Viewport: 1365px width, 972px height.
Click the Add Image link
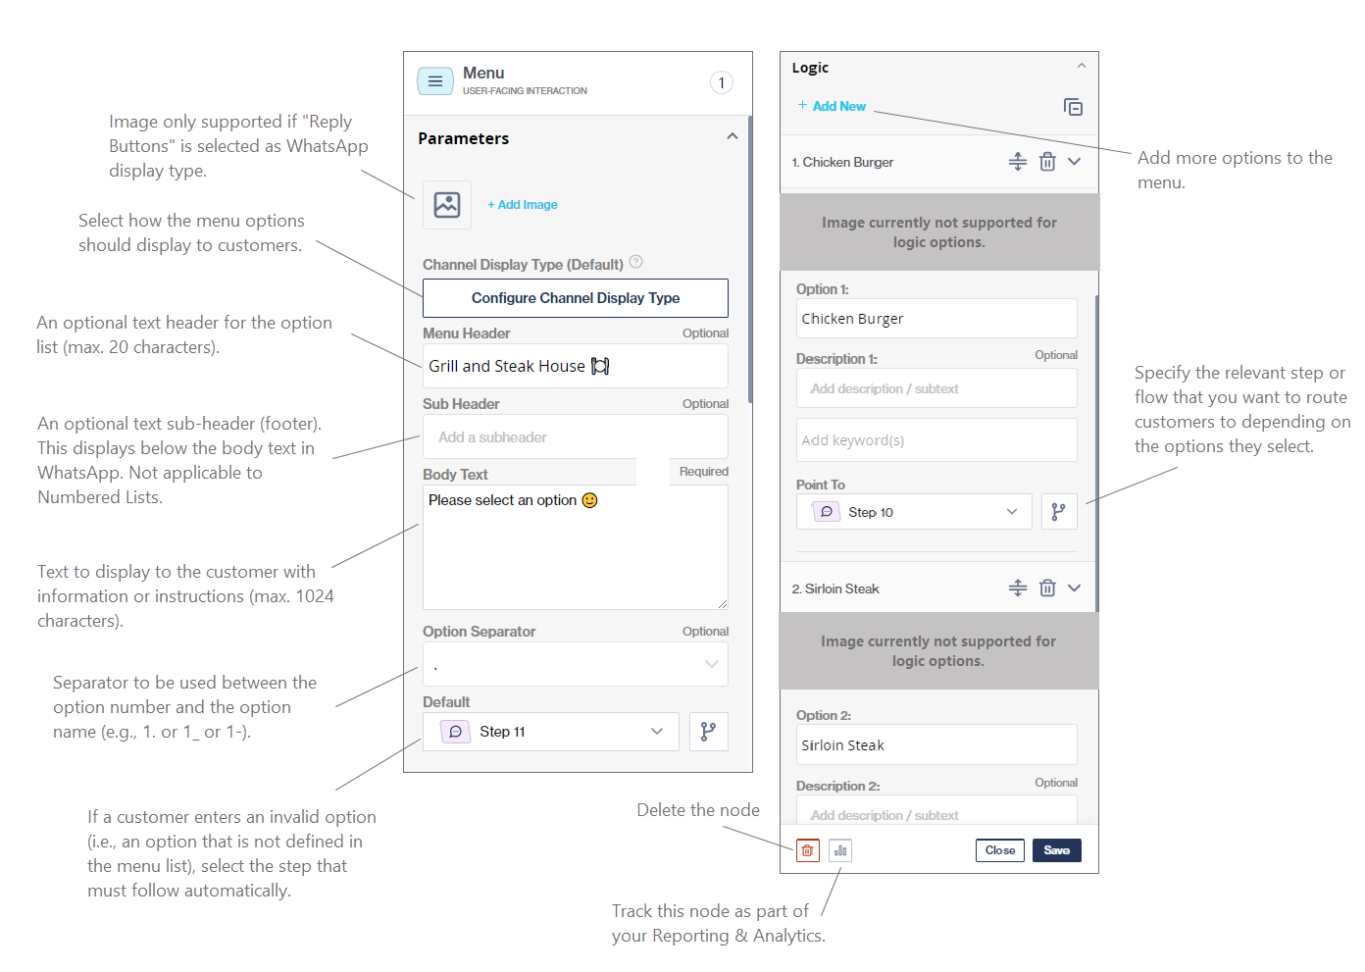523,205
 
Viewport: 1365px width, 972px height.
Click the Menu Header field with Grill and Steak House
576,366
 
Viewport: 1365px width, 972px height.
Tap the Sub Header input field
576,436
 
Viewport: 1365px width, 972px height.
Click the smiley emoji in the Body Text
589,500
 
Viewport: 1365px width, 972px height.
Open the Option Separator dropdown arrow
711,664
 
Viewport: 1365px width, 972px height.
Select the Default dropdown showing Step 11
551,732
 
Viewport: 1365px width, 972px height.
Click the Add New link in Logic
832,106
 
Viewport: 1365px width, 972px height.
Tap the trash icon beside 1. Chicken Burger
1047,162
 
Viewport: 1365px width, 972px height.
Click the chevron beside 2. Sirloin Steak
1075,588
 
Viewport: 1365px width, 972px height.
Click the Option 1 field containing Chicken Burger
936,318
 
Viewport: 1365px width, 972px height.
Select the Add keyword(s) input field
936,440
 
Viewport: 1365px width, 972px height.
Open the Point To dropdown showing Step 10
914,512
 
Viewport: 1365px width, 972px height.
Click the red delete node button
807,850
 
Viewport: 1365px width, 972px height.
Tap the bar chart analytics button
840,850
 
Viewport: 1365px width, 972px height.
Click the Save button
1057,850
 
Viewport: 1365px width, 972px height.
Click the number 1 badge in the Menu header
722,82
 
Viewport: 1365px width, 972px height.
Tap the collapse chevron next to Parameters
733,136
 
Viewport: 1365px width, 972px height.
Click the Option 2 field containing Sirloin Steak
936,744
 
